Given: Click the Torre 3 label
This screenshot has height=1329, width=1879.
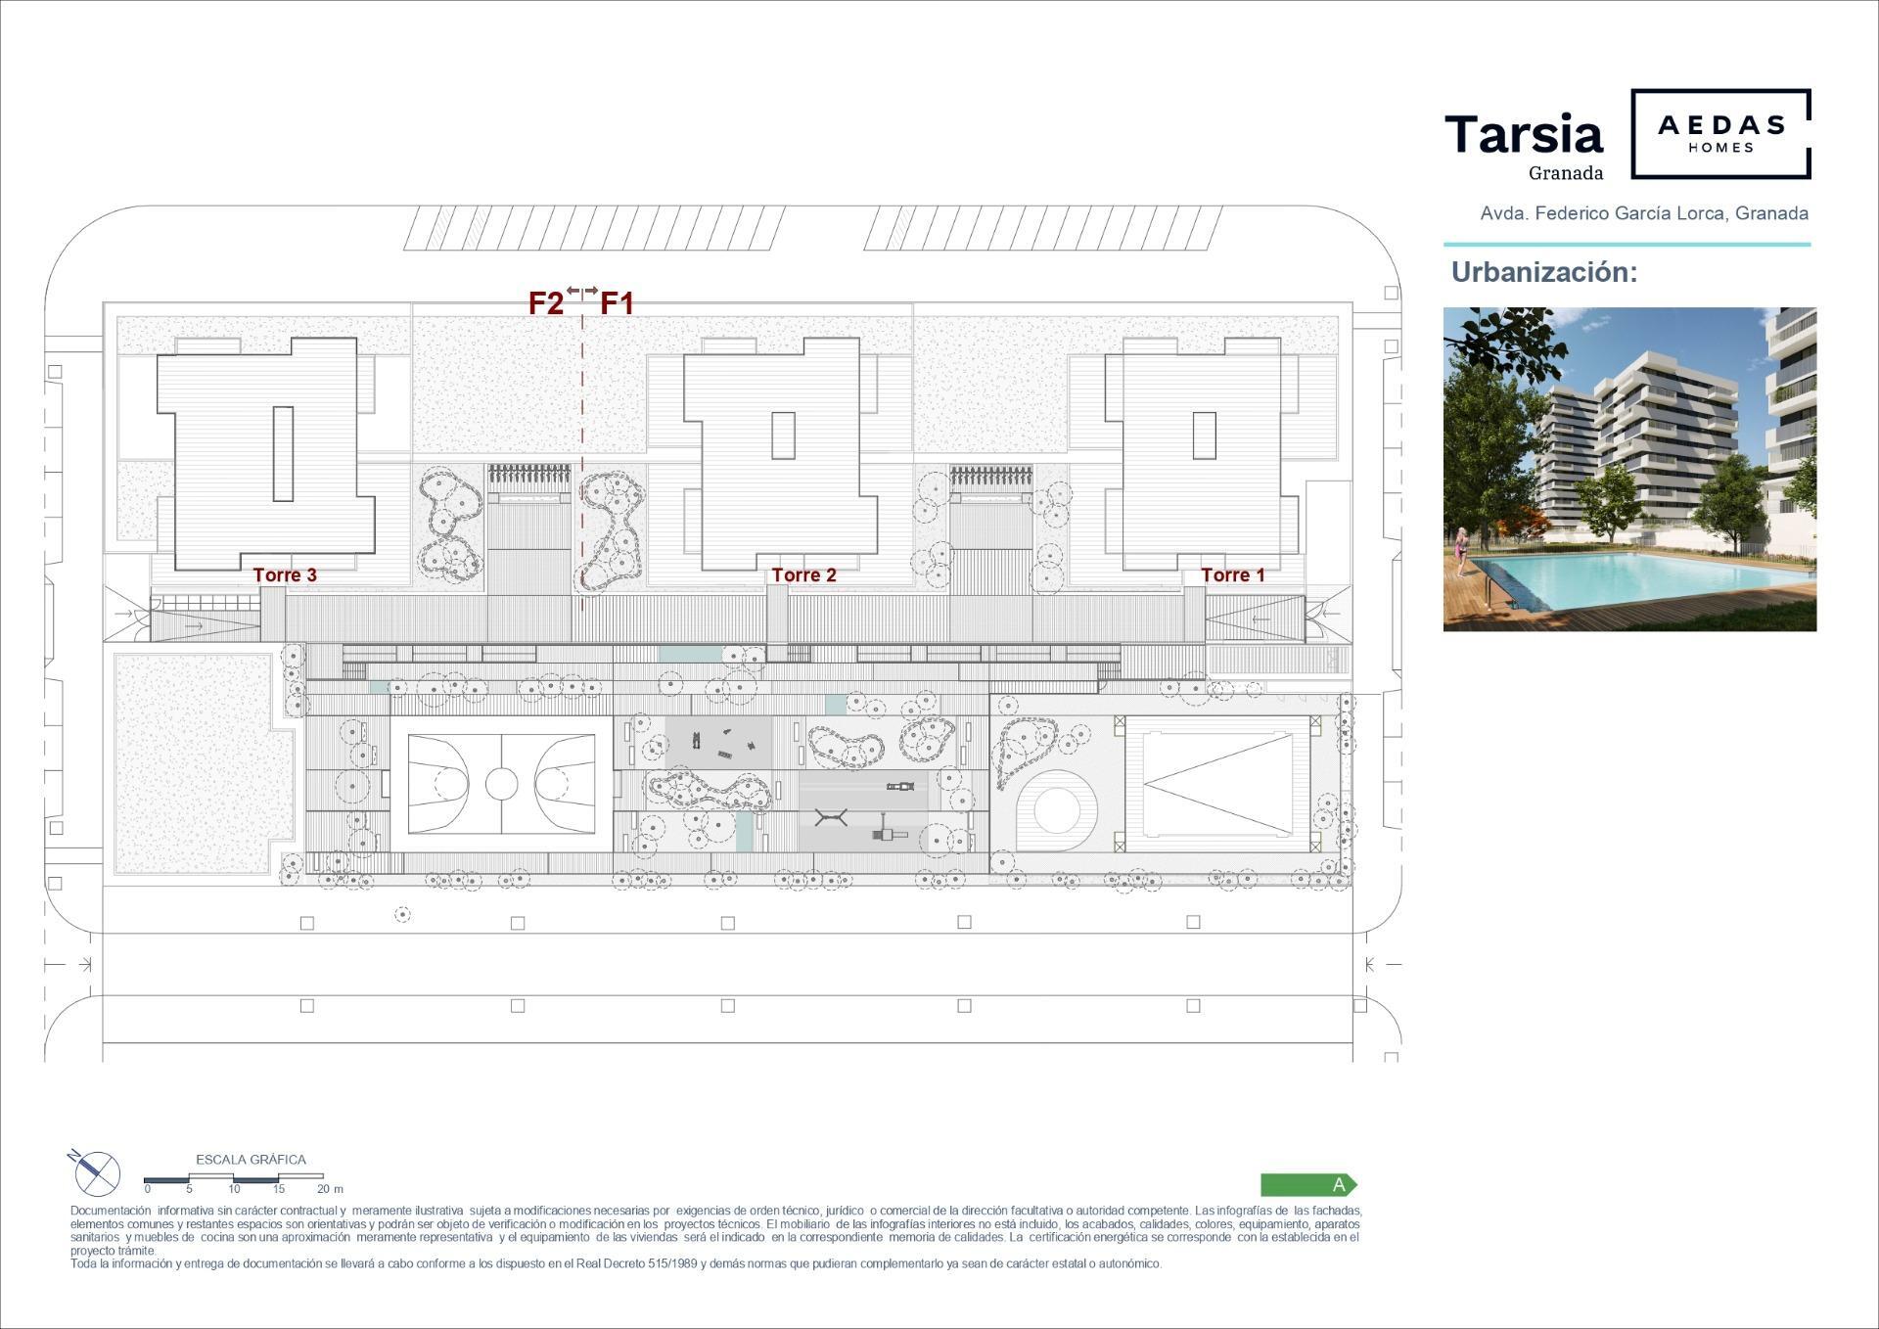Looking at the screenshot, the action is pos(285,575).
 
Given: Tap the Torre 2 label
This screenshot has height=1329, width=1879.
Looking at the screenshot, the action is pos(803,575).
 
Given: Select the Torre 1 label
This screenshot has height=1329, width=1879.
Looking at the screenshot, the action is pos(1232,575).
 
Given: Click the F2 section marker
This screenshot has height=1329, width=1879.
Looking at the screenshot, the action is pos(546,303).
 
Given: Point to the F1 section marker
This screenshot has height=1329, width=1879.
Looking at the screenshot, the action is pos(617,303).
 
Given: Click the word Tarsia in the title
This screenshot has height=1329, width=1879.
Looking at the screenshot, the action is pos(1524,135).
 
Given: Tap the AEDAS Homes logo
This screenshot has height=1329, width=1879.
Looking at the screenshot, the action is pos(1720,134).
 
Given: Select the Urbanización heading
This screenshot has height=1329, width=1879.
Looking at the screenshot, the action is pos(1544,272).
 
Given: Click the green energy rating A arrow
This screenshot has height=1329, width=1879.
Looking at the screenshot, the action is pos(1308,1185).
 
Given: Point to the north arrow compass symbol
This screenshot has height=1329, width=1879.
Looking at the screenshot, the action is pos(97,1172).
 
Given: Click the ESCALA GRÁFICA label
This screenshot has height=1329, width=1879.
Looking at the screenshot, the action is pos(251,1160).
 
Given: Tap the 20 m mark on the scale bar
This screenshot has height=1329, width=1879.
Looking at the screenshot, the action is pos(330,1189).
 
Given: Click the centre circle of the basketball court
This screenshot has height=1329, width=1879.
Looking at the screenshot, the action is pos(501,783).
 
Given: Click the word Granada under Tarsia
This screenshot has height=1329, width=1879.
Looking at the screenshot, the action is pos(1566,173).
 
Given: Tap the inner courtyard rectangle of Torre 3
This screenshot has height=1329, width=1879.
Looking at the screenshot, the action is pos(283,454).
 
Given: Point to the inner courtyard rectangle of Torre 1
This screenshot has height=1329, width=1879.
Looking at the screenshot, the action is pos(1204,435).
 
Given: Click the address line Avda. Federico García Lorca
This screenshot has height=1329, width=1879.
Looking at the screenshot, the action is pos(1644,213).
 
